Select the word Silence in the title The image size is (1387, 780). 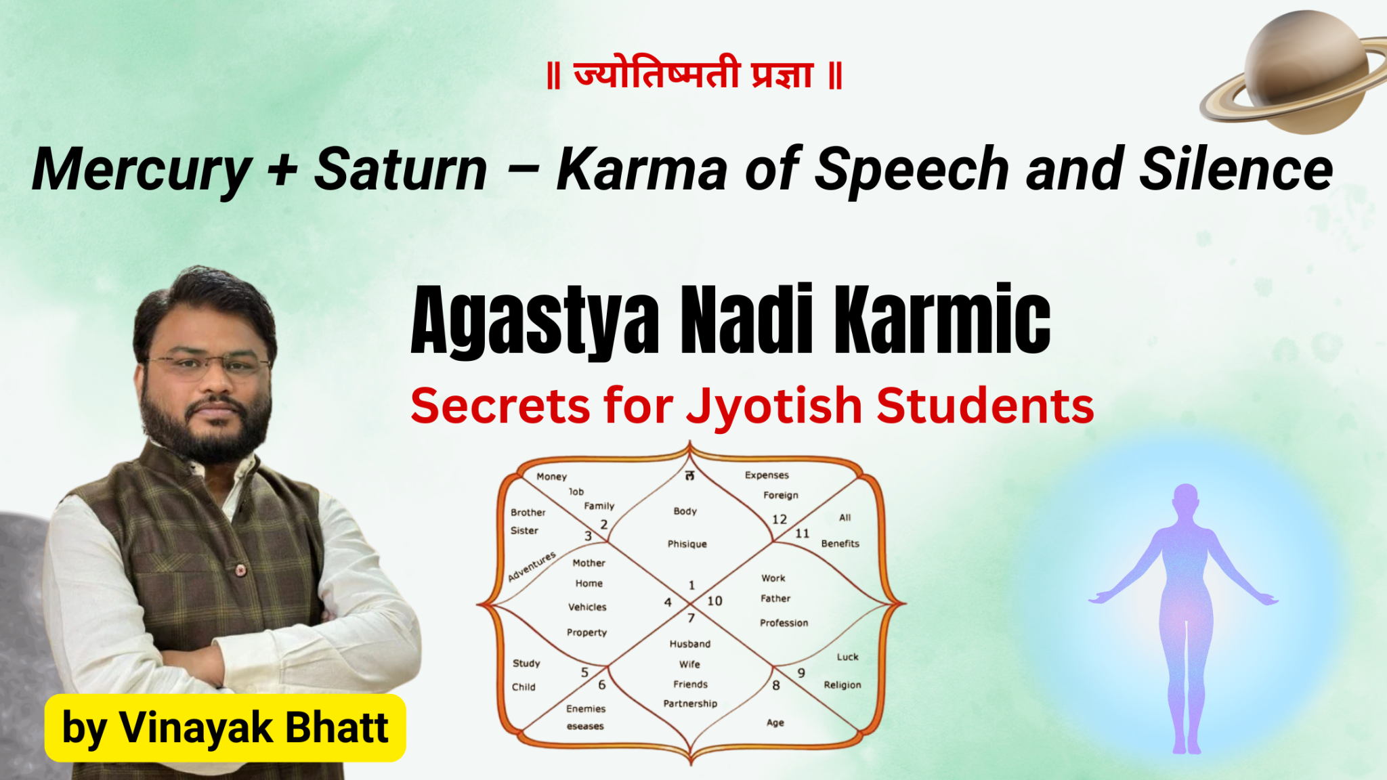tap(1236, 169)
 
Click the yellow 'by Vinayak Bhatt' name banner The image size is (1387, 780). tap(225, 728)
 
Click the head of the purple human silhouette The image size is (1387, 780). tap(1185, 501)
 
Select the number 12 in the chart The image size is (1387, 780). tap(780, 519)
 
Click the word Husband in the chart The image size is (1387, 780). tap(690, 644)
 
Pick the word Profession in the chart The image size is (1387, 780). tap(784, 623)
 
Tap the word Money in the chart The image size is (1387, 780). tap(551, 477)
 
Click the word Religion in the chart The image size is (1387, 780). tap(842, 685)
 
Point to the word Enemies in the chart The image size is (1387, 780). tap(586, 709)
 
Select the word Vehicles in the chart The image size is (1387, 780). tap(587, 607)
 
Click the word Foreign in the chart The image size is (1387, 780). tap(781, 496)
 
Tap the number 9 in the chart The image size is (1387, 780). tap(801, 673)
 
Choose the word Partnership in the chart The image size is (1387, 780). tap(690, 704)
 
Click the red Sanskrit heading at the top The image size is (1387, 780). tap(694, 75)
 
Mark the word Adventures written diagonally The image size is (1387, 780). tap(532, 567)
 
